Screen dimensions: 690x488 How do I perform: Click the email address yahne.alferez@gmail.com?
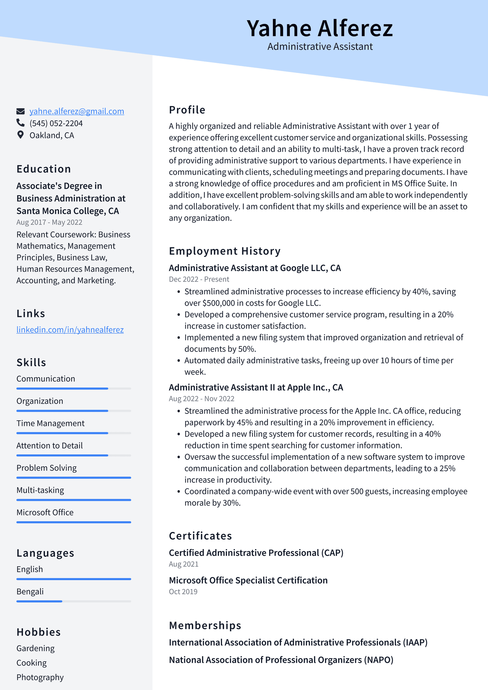point(77,111)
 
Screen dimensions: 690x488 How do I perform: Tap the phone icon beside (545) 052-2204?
point(20,123)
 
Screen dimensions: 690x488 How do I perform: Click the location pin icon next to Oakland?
point(20,135)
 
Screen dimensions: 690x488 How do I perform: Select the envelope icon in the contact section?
point(20,111)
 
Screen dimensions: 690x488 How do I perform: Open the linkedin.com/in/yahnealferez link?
point(70,330)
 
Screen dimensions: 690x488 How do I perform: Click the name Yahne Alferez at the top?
point(320,28)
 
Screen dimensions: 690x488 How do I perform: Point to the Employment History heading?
point(224,251)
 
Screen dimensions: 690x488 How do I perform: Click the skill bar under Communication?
point(74,388)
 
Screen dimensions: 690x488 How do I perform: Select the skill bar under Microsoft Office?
point(74,522)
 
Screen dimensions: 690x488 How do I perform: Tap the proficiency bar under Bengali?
point(74,601)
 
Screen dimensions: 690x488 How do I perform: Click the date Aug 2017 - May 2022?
point(49,222)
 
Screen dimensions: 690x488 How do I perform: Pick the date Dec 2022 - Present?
point(199,279)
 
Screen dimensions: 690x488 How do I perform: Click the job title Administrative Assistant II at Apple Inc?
point(256,387)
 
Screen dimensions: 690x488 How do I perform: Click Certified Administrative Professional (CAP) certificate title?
point(256,553)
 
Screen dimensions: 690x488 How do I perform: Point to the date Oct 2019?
point(183,591)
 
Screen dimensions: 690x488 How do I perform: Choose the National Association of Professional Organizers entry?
point(281,660)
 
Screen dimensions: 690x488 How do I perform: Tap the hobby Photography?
point(40,677)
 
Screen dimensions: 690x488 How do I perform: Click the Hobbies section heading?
point(39,632)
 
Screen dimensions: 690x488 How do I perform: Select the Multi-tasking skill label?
point(40,490)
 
